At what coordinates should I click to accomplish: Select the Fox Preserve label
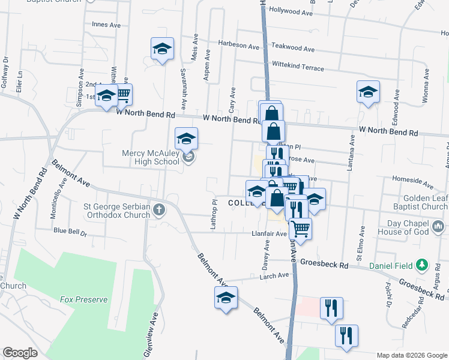tap(83, 299)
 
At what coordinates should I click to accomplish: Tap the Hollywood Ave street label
tap(291, 11)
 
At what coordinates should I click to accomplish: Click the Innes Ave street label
tap(106, 25)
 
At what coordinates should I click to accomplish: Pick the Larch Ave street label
tap(274, 275)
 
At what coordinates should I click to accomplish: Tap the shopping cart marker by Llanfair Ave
tap(300, 227)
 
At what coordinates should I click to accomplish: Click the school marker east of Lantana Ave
tap(368, 92)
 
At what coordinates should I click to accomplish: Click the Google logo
tap(20, 353)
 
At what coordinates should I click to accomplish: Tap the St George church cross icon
tap(158, 209)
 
